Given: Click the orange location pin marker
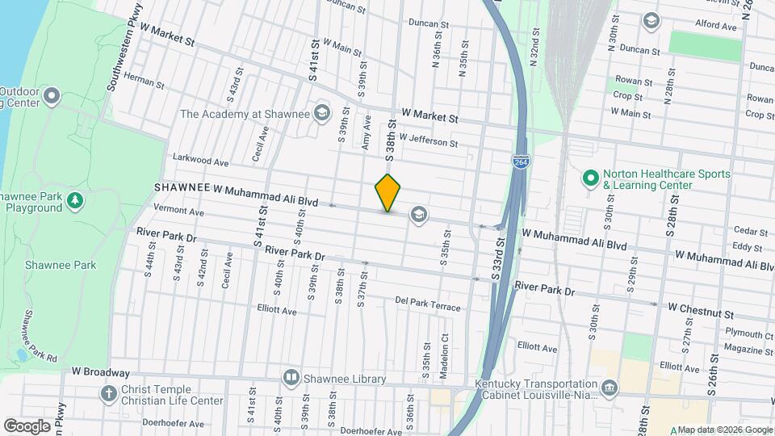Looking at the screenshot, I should [388, 192].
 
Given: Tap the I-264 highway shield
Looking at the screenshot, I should [521, 162].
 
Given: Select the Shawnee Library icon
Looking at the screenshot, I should [291, 377].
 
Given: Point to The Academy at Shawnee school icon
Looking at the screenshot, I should [323, 113].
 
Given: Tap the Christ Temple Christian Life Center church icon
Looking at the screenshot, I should [109, 394].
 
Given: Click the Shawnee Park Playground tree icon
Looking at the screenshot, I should [75, 199].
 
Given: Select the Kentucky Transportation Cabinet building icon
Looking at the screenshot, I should [610, 389].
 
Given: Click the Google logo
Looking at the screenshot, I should [27, 426].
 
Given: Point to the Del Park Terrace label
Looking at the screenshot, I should [428, 304].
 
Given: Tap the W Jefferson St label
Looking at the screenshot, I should [428, 141].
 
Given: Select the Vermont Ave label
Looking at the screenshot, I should [178, 211].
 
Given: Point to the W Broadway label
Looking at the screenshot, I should [100, 372].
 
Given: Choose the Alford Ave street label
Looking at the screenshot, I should [715, 26].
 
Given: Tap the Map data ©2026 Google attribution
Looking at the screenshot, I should [723, 430].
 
